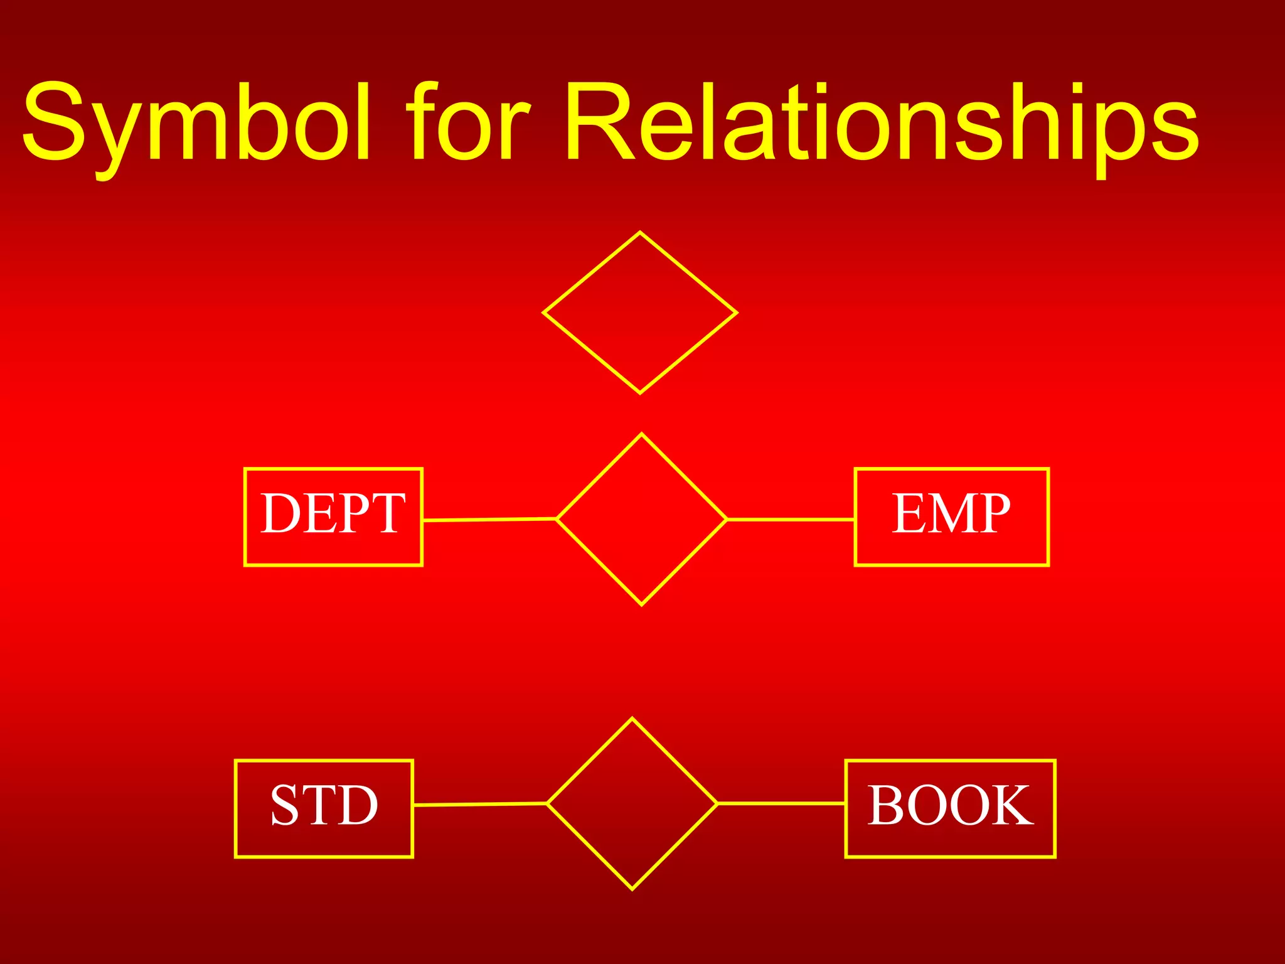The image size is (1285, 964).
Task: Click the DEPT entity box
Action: pos(333,517)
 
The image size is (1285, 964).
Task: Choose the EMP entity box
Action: pos(951,517)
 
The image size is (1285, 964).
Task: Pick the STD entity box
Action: pos(324,808)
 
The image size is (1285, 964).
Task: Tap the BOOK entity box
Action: pos(950,808)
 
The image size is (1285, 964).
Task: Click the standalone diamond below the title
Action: pos(639,313)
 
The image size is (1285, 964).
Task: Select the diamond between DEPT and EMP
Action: pos(641,519)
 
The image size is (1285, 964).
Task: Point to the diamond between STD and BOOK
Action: pos(632,803)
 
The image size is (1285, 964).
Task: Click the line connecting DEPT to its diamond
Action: pos(489,520)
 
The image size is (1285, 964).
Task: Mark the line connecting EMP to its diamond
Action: pos(791,520)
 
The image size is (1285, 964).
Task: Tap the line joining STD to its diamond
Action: pos(480,804)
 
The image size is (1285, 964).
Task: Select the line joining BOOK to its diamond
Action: pos(781,803)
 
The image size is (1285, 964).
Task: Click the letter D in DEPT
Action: pos(280,513)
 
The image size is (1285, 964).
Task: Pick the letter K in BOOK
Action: pos(1011,805)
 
